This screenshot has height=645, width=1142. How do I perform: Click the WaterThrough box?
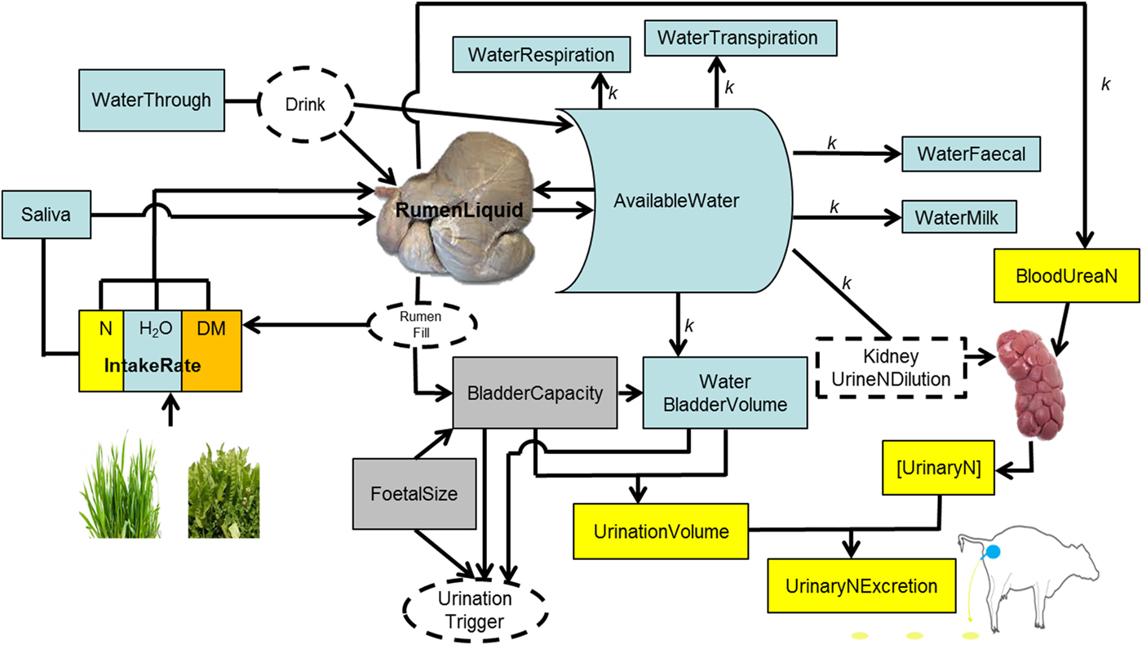coord(151,100)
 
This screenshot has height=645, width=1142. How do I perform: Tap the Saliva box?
coord(46,215)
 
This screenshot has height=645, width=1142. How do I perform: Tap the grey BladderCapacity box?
coord(535,393)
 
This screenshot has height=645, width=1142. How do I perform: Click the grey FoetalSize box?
coord(414,493)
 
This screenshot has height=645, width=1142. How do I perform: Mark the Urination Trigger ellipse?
coord(480,611)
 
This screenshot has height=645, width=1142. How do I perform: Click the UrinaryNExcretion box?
coord(860,586)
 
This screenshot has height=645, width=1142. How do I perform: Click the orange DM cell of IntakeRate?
coord(210,351)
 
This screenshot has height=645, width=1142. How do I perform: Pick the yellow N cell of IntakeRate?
coord(101,351)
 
